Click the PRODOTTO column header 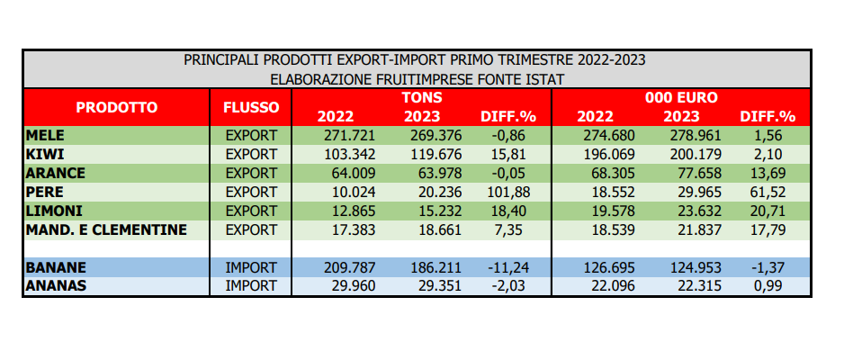point(116,107)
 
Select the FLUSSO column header point(251,107)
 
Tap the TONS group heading point(422,98)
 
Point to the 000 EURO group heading point(682,98)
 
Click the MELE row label point(45,136)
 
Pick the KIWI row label point(45,155)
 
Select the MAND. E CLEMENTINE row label point(106,230)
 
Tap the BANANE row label point(56,267)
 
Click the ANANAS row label point(56,286)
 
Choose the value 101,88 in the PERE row point(507,193)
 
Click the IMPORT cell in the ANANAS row point(251,286)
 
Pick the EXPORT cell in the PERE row point(251,193)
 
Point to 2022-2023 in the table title point(612,59)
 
